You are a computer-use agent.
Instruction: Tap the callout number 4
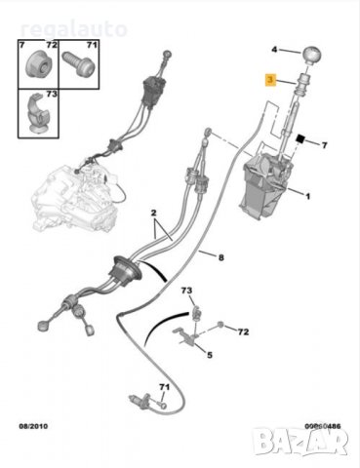pos(273,50)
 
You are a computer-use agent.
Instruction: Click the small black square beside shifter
pos(302,143)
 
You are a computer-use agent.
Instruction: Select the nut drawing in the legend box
pos(40,60)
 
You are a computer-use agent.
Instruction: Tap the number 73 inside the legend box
pos(52,94)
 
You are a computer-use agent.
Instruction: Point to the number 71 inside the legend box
pos(92,46)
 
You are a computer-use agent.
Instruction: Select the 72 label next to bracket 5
pos(243,332)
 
